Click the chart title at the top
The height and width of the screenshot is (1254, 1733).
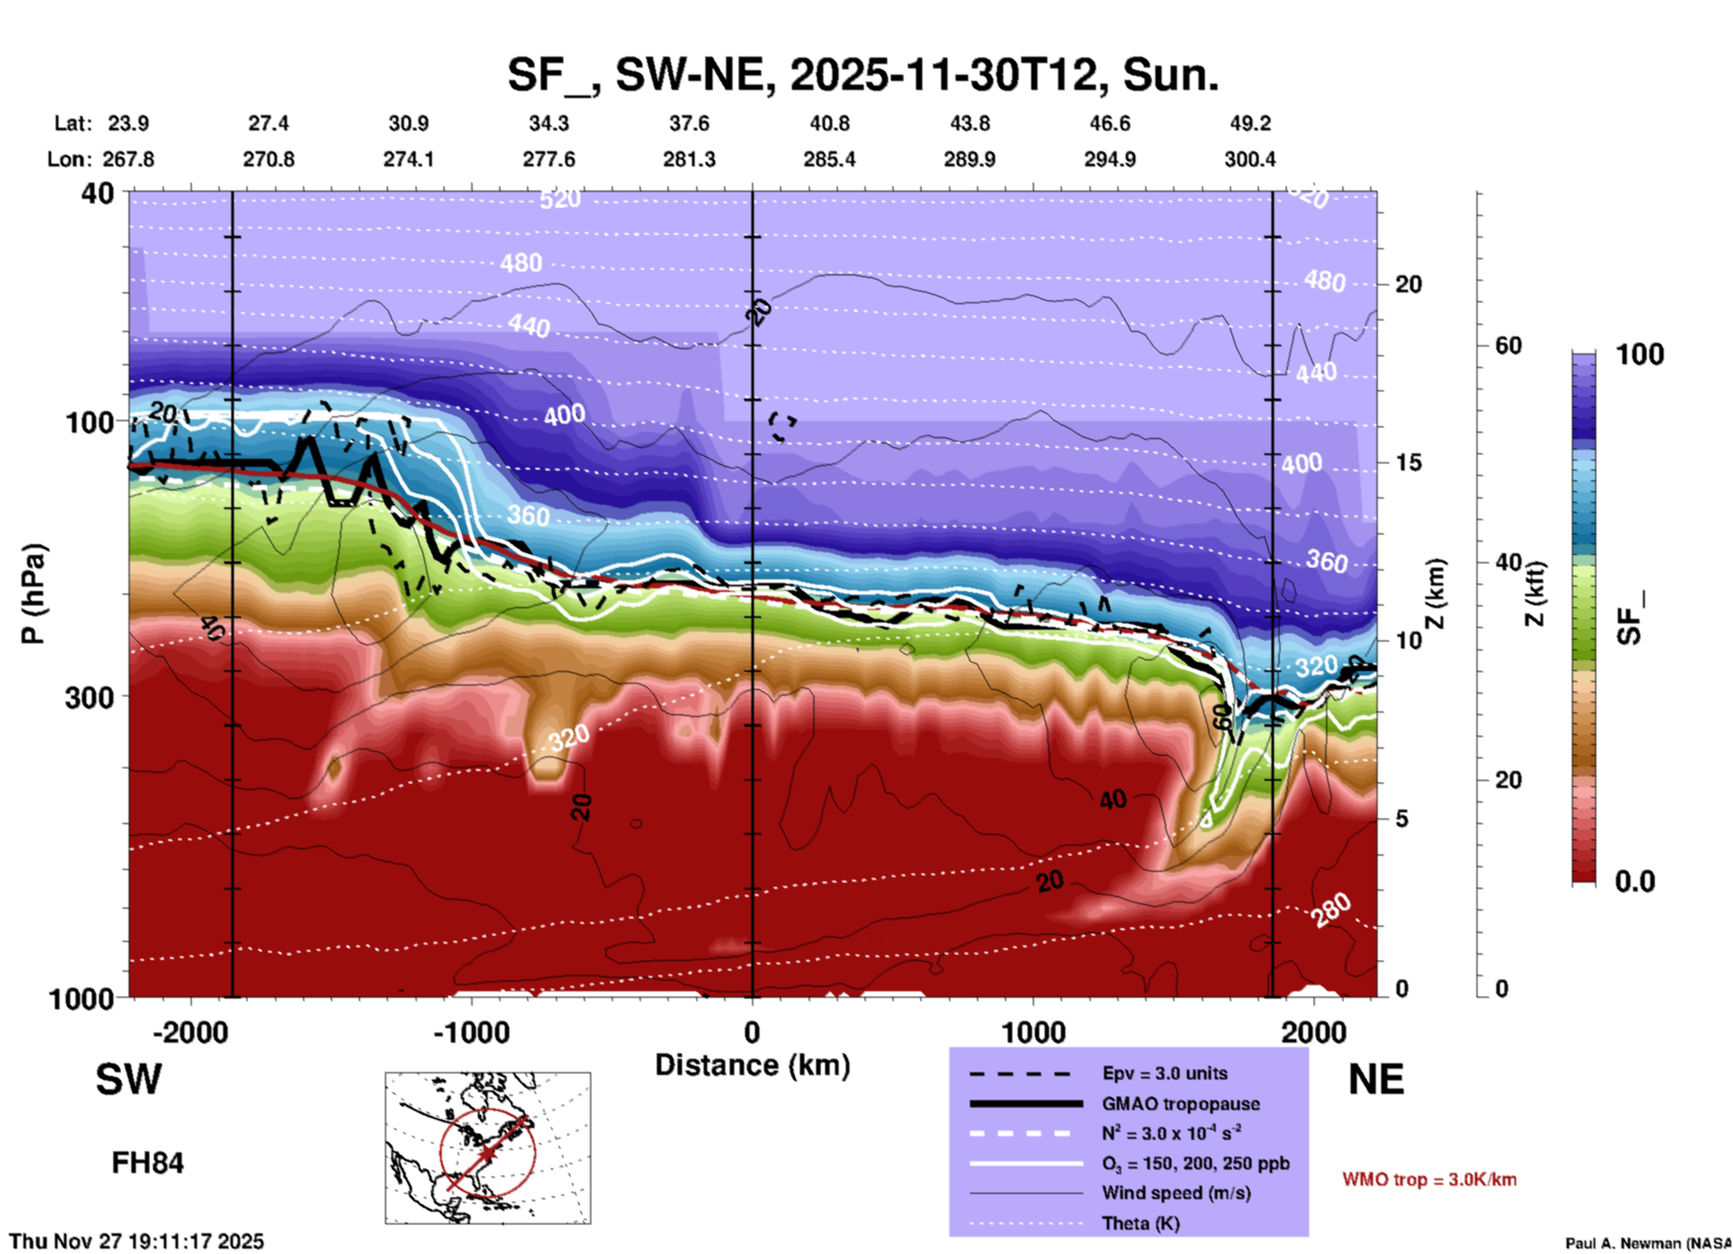tap(863, 74)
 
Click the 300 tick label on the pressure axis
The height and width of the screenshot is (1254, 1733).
tap(89, 696)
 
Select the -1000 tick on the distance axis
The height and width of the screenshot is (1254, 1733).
tap(471, 1032)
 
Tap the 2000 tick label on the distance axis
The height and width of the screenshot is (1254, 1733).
tap(1314, 1032)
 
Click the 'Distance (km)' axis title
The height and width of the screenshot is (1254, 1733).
tap(752, 1065)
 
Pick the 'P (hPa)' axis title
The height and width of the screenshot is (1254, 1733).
tap(33, 594)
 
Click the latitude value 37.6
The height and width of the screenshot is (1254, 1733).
tap(689, 123)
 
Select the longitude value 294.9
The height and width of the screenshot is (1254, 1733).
tap(1109, 159)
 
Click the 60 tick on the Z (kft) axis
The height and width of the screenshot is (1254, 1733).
tap(1509, 345)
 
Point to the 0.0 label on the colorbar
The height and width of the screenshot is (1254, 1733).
tap(1635, 882)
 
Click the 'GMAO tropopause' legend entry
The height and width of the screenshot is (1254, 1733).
tap(1181, 1104)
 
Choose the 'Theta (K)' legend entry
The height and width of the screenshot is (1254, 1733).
tap(1140, 1223)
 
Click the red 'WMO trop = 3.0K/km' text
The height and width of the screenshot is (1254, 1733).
tap(1429, 1179)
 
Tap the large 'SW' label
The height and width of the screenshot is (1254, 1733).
tap(129, 1079)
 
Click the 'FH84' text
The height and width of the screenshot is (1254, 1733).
tap(148, 1163)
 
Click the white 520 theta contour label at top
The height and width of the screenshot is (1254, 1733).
tap(560, 199)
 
